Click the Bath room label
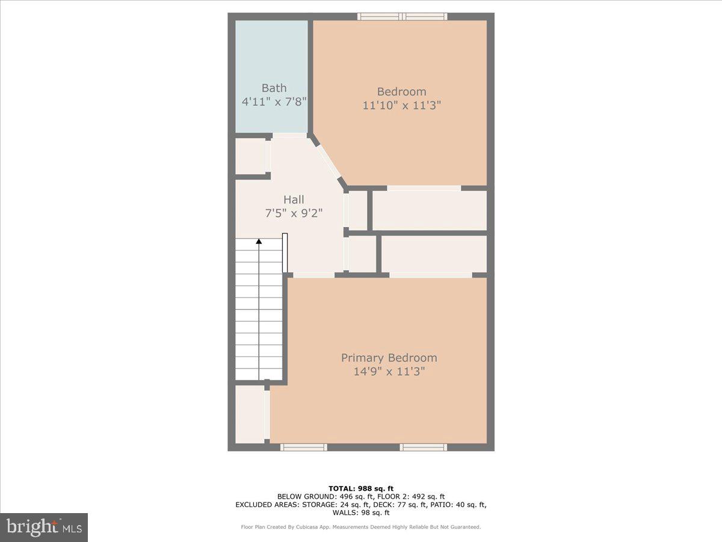[274, 88]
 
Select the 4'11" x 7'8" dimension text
[274, 102]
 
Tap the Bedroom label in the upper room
[401, 92]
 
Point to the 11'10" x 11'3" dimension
[401, 105]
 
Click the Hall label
[294, 199]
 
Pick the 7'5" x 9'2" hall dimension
[294, 213]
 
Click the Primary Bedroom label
[389, 358]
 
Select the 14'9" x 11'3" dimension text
[389, 372]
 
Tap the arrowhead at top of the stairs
[259, 241]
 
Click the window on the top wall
[403, 16]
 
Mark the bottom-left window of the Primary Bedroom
[304, 447]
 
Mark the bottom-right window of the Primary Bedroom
[424, 447]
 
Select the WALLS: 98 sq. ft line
[360, 513]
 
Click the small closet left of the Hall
[250, 157]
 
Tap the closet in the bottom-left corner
[249, 414]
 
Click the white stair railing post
[285, 253]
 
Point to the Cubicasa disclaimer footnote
[360, 527]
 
